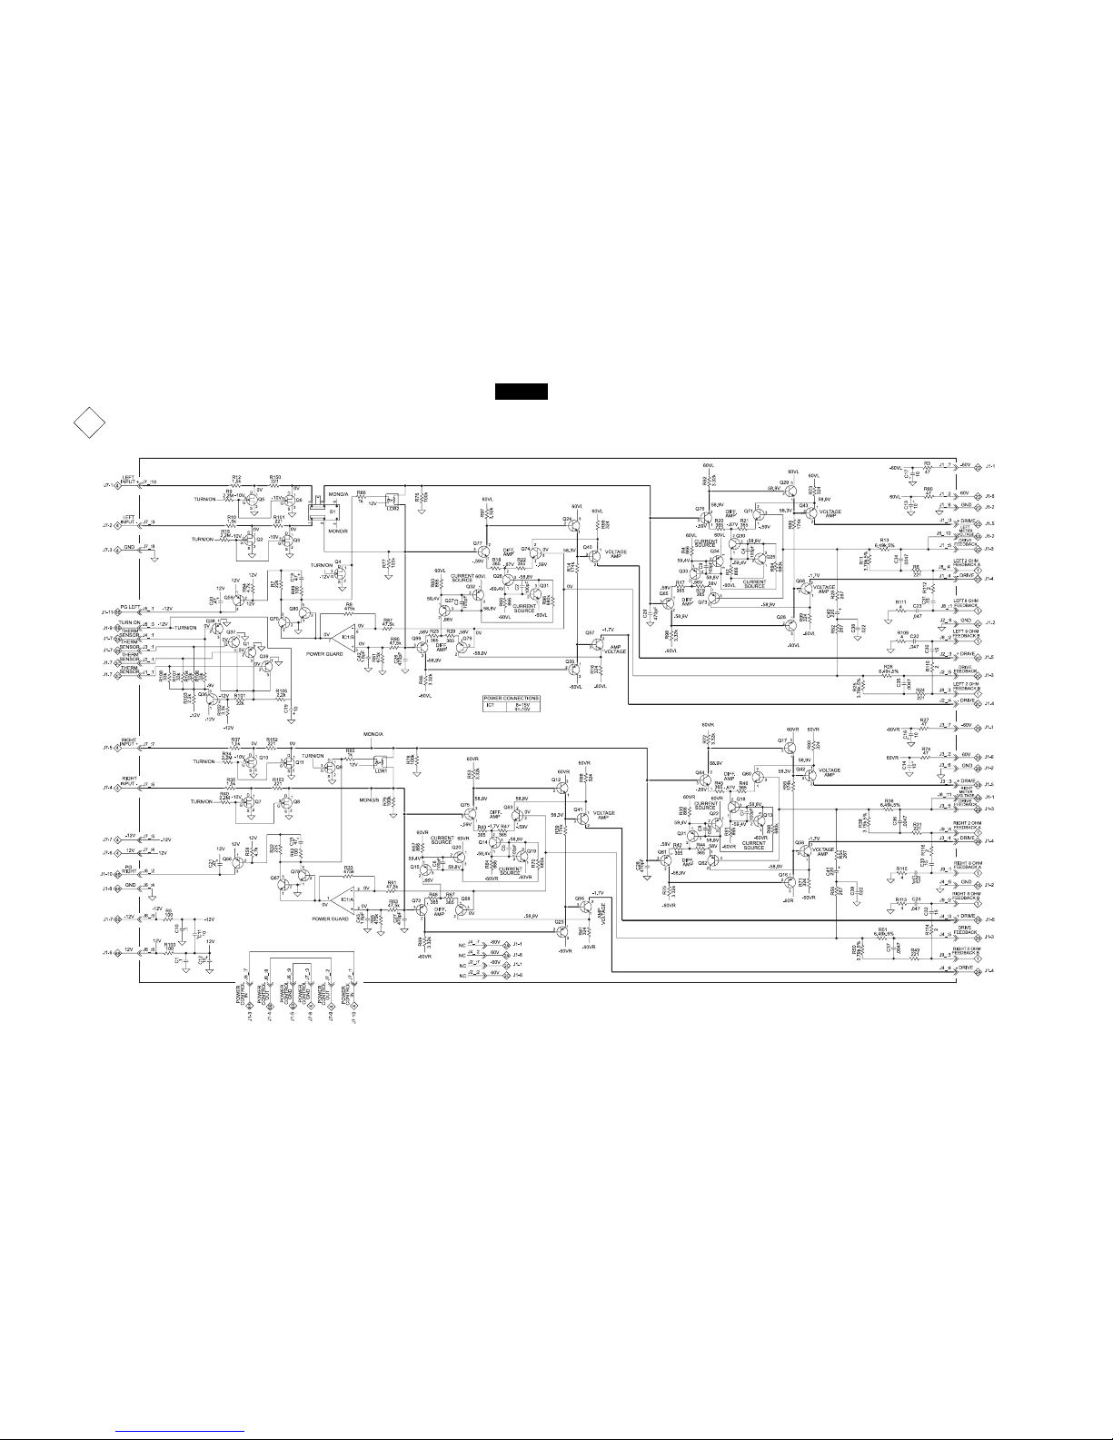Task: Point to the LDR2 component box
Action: (391, 499)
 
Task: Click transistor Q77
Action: (479, 549)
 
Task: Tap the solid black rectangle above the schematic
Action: (521, 392)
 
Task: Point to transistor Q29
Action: (787, 491)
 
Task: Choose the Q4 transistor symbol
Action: (339, 571)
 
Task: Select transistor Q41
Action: (579, 817)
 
